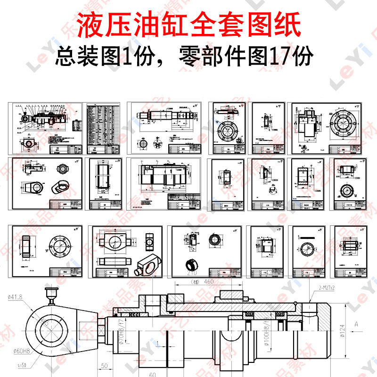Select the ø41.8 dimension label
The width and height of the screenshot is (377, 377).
[15, 297]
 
